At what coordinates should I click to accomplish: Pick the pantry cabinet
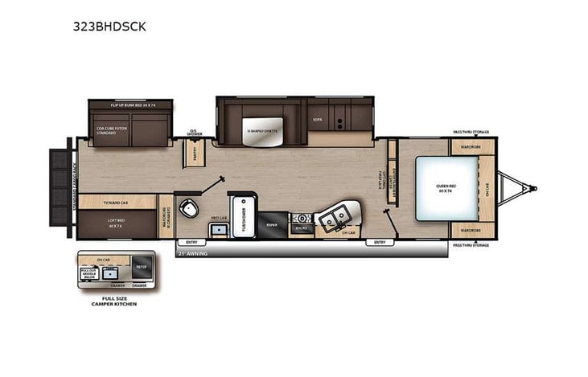[194, 151]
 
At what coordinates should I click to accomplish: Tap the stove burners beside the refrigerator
[302, 218]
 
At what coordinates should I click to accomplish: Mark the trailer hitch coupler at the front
[532, 189]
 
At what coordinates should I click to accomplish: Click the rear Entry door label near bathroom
[191, 242]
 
